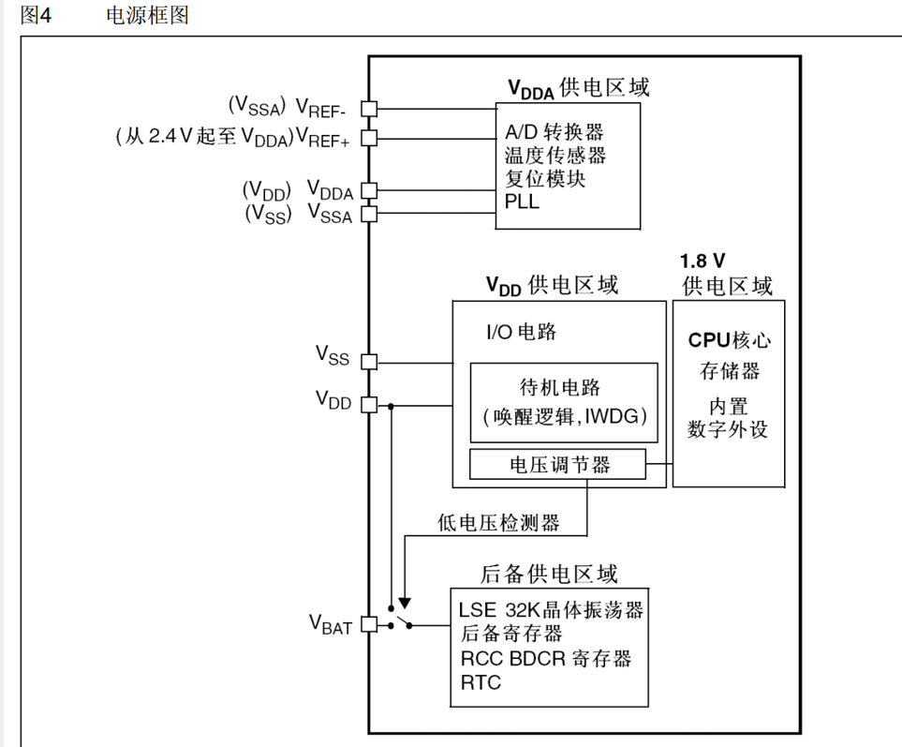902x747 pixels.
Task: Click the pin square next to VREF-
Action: coord(368,109)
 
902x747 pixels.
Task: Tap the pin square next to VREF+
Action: coord(368,139)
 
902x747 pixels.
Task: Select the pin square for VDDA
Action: coord(368,190)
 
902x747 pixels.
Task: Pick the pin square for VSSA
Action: coord(368,213)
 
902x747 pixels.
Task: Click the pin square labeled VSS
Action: coord(368,361)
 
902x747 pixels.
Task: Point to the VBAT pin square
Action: coord(368,624)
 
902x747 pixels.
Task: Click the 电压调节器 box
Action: coord(559,464)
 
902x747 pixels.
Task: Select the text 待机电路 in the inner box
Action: coord(559,387)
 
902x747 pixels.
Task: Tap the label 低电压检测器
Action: coord(498,523)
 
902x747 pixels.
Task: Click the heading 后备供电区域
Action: coord(549,574)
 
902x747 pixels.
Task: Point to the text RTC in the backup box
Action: coord(481,682)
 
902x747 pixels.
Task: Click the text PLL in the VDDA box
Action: coord(522,201)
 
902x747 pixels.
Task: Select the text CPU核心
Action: coord(730,339)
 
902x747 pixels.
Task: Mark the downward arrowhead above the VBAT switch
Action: coord(405,603)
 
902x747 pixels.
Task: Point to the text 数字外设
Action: coord(728,429)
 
